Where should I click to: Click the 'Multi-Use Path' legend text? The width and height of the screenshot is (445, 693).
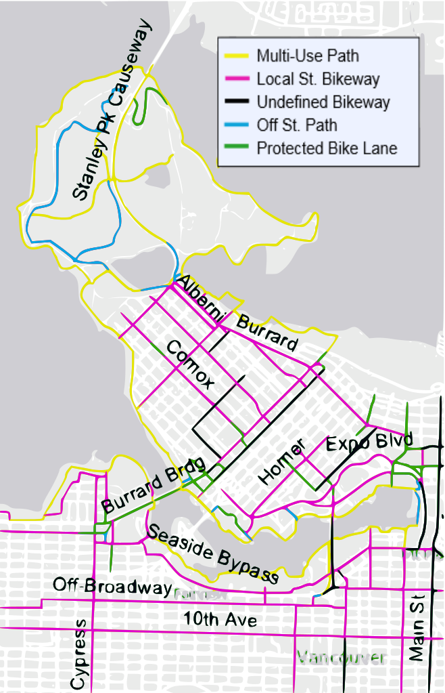pos(307,56)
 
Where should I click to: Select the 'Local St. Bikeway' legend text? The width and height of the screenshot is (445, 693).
pos(318,79)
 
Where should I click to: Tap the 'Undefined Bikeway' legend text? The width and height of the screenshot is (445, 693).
pos(323,102)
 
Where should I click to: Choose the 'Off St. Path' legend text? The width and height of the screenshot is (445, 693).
pos(296,125)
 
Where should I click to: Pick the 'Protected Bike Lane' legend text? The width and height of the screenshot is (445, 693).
pos(327,148)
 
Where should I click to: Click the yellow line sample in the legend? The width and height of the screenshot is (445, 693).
pos(235,56)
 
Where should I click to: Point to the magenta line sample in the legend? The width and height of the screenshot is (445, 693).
pos(235,79)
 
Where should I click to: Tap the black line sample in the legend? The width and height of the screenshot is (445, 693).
pos(235,102)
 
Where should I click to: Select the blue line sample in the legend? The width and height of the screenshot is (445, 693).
pos(235,125)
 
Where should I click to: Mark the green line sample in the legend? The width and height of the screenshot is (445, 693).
pos(235,148)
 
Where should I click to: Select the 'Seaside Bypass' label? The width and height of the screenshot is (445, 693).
pos(212,554)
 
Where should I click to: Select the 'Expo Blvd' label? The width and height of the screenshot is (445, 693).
pos(369,444)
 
